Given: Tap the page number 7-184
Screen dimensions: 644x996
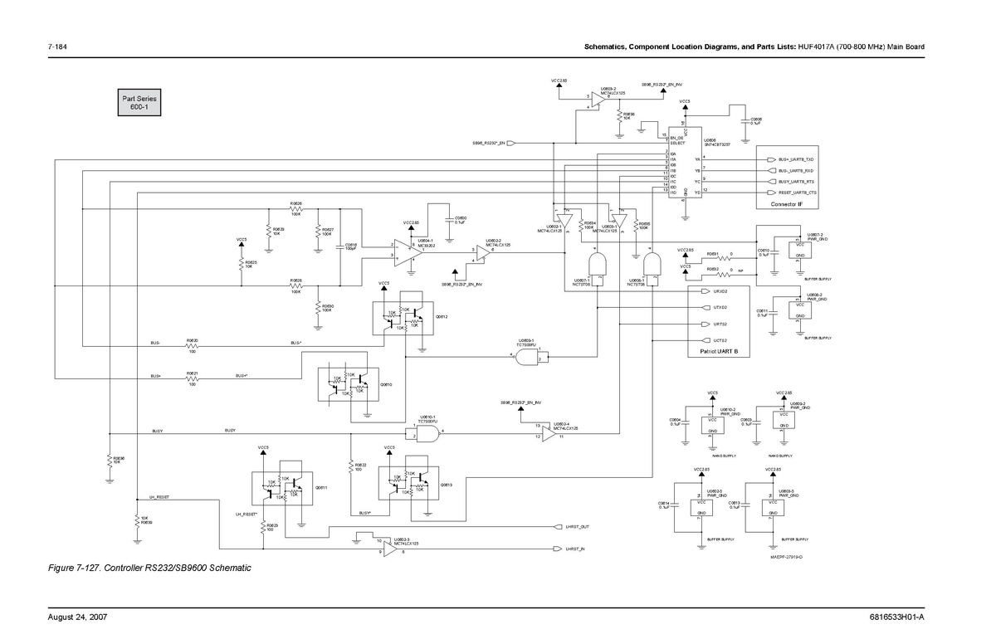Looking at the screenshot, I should pos(58,47).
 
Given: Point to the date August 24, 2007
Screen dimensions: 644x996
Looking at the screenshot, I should pos(77,618).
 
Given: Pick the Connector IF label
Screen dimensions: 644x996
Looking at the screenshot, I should pos(786,204).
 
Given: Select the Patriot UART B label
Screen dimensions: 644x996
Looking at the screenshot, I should pos(719,352).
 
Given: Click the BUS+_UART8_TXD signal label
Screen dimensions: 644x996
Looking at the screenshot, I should pos(796,159).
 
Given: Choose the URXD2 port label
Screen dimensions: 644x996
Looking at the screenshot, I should pos(720,292).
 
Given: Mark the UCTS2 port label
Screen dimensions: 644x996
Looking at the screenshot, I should pos(720,340).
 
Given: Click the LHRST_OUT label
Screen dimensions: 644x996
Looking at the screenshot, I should pos(577,527).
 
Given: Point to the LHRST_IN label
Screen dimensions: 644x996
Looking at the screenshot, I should pos(575,549).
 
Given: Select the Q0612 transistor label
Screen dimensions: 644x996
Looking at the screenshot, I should pos(442,317).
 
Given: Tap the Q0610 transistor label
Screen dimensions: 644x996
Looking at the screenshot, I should pos(386,385).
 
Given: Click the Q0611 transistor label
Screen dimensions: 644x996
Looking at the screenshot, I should pos(321,488).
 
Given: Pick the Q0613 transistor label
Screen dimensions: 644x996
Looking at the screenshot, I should pos(446,484).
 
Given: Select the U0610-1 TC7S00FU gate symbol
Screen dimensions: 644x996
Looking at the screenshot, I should pos(426,434).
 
